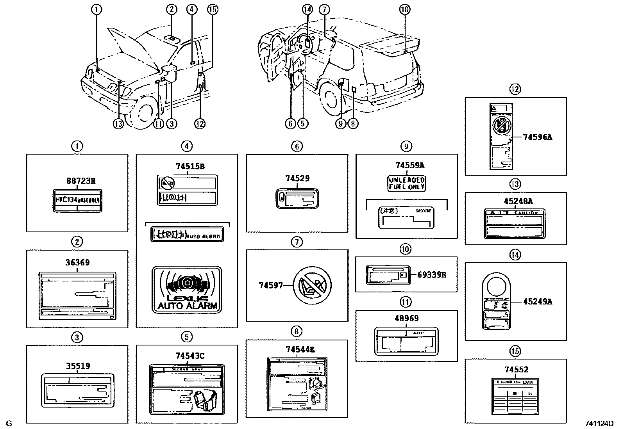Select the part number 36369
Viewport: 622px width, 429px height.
tap(77, 262)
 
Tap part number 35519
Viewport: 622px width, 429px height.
tap(77, 366)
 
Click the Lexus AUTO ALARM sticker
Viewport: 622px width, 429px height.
tap(186, 289)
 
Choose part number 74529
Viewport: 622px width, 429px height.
tap(297, 178)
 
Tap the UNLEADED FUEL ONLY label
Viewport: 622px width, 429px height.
tap(406, 183)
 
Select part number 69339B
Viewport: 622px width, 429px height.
tap(432, 274)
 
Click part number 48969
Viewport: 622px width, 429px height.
tap(406, 319)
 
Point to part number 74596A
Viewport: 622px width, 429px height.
tap(538, 137)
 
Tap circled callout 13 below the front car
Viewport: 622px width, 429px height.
tap(118, 124)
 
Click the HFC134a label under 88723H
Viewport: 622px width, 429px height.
tap(77, 200)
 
